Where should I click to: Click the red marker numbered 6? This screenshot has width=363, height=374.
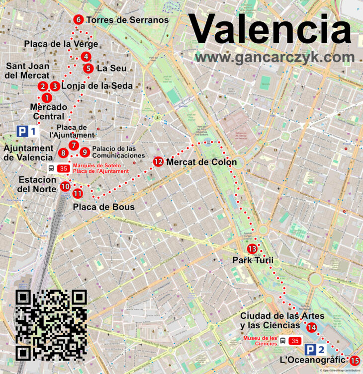[78, 19]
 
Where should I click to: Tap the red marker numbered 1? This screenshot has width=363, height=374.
[46, 98]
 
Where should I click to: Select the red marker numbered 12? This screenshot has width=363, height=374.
[159, 161]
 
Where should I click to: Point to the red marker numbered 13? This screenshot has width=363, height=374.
[252, 249]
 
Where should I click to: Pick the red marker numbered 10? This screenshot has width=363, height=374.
[65, 187]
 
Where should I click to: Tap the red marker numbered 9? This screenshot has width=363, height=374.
[85, 152]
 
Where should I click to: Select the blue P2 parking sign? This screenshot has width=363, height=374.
[316, 350]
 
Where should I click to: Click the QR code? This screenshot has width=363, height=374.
[51, 325]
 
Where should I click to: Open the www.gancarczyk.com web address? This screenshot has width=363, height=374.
[274, 58]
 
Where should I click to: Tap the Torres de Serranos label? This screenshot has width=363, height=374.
[127, 20]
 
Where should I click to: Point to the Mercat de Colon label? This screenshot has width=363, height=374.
[201, 162]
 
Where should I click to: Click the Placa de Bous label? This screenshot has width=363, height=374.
[104, 207]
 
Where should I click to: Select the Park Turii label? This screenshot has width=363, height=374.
[253, 261]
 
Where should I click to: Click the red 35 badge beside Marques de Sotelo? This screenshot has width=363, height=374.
[63, 168]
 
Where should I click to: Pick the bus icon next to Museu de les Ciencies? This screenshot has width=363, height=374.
[282, 341]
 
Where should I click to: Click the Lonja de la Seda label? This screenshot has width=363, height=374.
[97, 86]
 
